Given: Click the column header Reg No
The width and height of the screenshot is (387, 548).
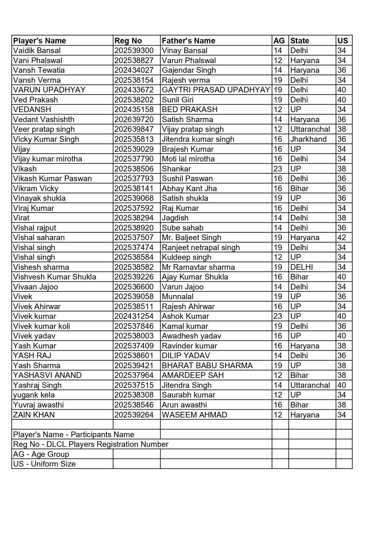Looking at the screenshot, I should coord(128,41).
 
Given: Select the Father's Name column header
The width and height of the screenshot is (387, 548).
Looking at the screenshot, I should coord(188,41).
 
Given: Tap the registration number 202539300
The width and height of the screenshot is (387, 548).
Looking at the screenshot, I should coord(134,51).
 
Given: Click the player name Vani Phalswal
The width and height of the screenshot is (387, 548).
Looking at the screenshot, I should coord(38,61).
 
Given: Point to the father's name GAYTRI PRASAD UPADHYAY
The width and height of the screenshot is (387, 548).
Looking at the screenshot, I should coord(216,90).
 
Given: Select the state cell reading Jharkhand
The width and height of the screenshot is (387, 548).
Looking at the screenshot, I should coord(308,139).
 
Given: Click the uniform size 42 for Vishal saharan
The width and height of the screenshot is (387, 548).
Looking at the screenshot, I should coord(342,238).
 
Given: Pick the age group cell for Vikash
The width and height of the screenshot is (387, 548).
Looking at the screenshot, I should coord(278,169).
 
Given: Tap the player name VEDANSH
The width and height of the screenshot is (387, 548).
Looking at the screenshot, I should coord(32,110).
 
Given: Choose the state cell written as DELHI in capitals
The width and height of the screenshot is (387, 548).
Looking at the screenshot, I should coord(302,267).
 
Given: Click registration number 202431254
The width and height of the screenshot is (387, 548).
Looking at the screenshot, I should coord(134,316).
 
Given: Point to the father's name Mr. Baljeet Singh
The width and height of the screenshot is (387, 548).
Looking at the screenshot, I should coord(191,238).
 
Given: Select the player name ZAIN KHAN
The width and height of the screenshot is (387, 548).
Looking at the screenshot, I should coord(34,415).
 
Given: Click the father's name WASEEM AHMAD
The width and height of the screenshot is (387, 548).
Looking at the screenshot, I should coord(194,415).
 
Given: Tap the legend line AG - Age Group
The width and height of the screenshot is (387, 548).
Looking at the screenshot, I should coord(41,454).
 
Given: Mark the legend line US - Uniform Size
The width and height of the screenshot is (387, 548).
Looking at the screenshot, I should coord(44,464).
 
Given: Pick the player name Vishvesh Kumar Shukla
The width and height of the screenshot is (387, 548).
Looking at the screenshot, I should coord(55,277).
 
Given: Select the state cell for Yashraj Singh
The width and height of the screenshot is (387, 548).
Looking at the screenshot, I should coord(310,385).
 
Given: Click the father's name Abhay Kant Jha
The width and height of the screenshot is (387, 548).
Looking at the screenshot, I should coord(189,189).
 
